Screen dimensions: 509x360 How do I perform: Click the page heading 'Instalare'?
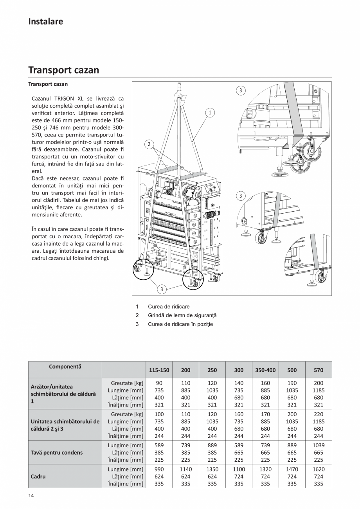[x=45, y=22]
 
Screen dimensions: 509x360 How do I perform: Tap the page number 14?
[x=31, y=496]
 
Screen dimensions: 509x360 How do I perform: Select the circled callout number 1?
[x=210, y=113]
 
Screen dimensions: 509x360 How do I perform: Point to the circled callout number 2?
[x=149, y=144]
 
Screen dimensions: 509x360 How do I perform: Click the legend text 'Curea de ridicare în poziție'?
[x=180, y=324]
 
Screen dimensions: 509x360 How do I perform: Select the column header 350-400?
[x=265, y=370]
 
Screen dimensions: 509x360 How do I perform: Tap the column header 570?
[x=319, y=370]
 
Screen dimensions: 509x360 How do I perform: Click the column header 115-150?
[x=159, y=370]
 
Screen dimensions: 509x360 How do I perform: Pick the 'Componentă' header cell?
[x=65, y=367]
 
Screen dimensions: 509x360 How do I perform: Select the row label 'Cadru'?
[x=38, y=477]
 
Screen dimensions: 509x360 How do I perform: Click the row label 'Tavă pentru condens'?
[x=57, y=453]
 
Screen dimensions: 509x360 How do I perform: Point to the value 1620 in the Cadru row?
[x=319, y=469]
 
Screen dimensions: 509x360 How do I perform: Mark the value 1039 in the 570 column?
[x=319, y=445]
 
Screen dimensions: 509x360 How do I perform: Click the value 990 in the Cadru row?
[x=159, y=469]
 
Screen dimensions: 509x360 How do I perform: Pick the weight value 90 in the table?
[x=159, y=383]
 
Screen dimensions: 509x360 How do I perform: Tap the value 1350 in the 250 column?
[x=212, y=469]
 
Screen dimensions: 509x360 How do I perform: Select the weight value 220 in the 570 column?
[x=319, y=414]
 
